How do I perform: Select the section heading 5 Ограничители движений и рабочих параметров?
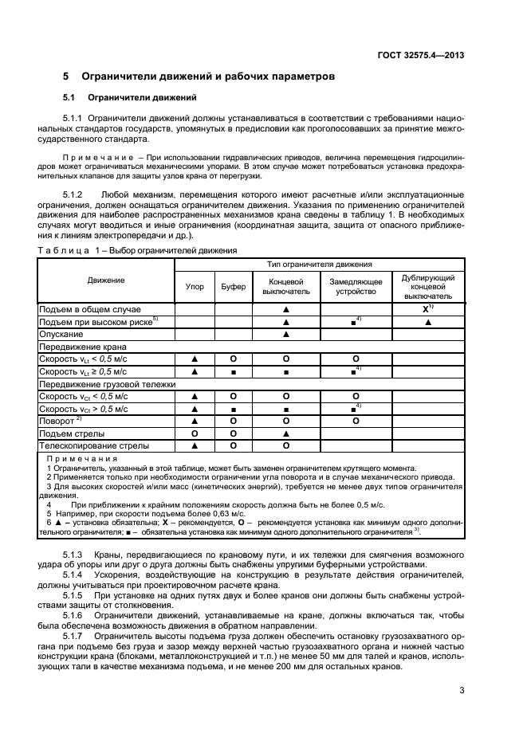(199, 76)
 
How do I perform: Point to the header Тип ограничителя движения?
(319, 264)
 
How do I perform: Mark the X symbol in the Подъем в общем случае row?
(427, 308)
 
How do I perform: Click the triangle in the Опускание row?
(284, 334)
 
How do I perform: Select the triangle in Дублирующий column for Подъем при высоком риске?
(428, 321)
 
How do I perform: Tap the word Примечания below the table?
(81, 460)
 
